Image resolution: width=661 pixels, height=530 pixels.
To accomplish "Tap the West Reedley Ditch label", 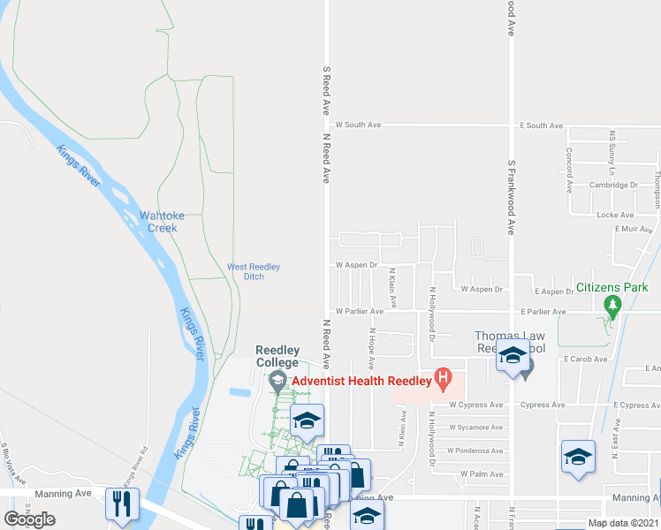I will [254, 271].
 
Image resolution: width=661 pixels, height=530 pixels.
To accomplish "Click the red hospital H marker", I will [444, 381].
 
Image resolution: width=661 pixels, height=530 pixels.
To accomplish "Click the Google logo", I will [30, 519].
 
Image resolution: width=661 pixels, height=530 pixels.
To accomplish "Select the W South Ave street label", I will [358, 125].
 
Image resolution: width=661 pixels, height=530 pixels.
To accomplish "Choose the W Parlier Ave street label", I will [359, 311].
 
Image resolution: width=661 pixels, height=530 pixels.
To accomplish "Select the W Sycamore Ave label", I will [475, 428].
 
